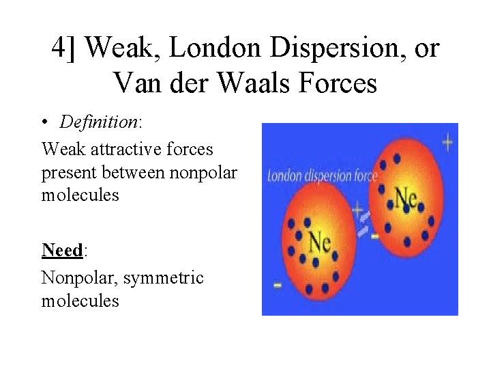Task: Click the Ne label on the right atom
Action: click(405, 197)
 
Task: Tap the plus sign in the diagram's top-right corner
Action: click(447, 143)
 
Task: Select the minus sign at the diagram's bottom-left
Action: click(278, 285)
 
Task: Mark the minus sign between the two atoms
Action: click(374, 236)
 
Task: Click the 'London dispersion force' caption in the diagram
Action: click(322, 176)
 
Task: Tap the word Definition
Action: click(98, 122)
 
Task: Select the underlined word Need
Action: click(61, 250)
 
